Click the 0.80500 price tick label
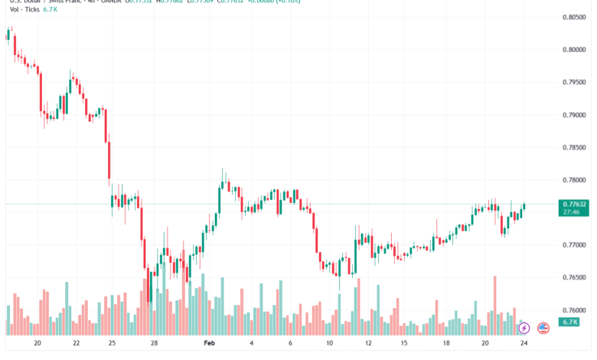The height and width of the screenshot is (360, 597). pos(574,17)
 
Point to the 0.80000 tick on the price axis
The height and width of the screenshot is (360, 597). pos(574,50)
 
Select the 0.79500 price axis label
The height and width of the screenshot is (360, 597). pos(574,82)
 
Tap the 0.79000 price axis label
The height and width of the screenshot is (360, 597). pos(574,115)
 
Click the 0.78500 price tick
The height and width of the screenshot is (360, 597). pos(574,147)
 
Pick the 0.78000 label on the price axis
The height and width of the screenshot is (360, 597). pos(574,180)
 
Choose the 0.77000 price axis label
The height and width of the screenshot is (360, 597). pos(574,245)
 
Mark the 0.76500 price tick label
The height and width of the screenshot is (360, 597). pos(574,277)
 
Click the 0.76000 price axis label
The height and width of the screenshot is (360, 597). pos(574,310)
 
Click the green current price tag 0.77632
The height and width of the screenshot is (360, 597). pos(574,208)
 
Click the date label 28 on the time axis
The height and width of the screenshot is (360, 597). pos(154,344)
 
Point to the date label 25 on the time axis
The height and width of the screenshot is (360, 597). pos(112,344)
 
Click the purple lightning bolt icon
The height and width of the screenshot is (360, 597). pos(524,328)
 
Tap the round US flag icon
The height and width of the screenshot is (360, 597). pos(543,328)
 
